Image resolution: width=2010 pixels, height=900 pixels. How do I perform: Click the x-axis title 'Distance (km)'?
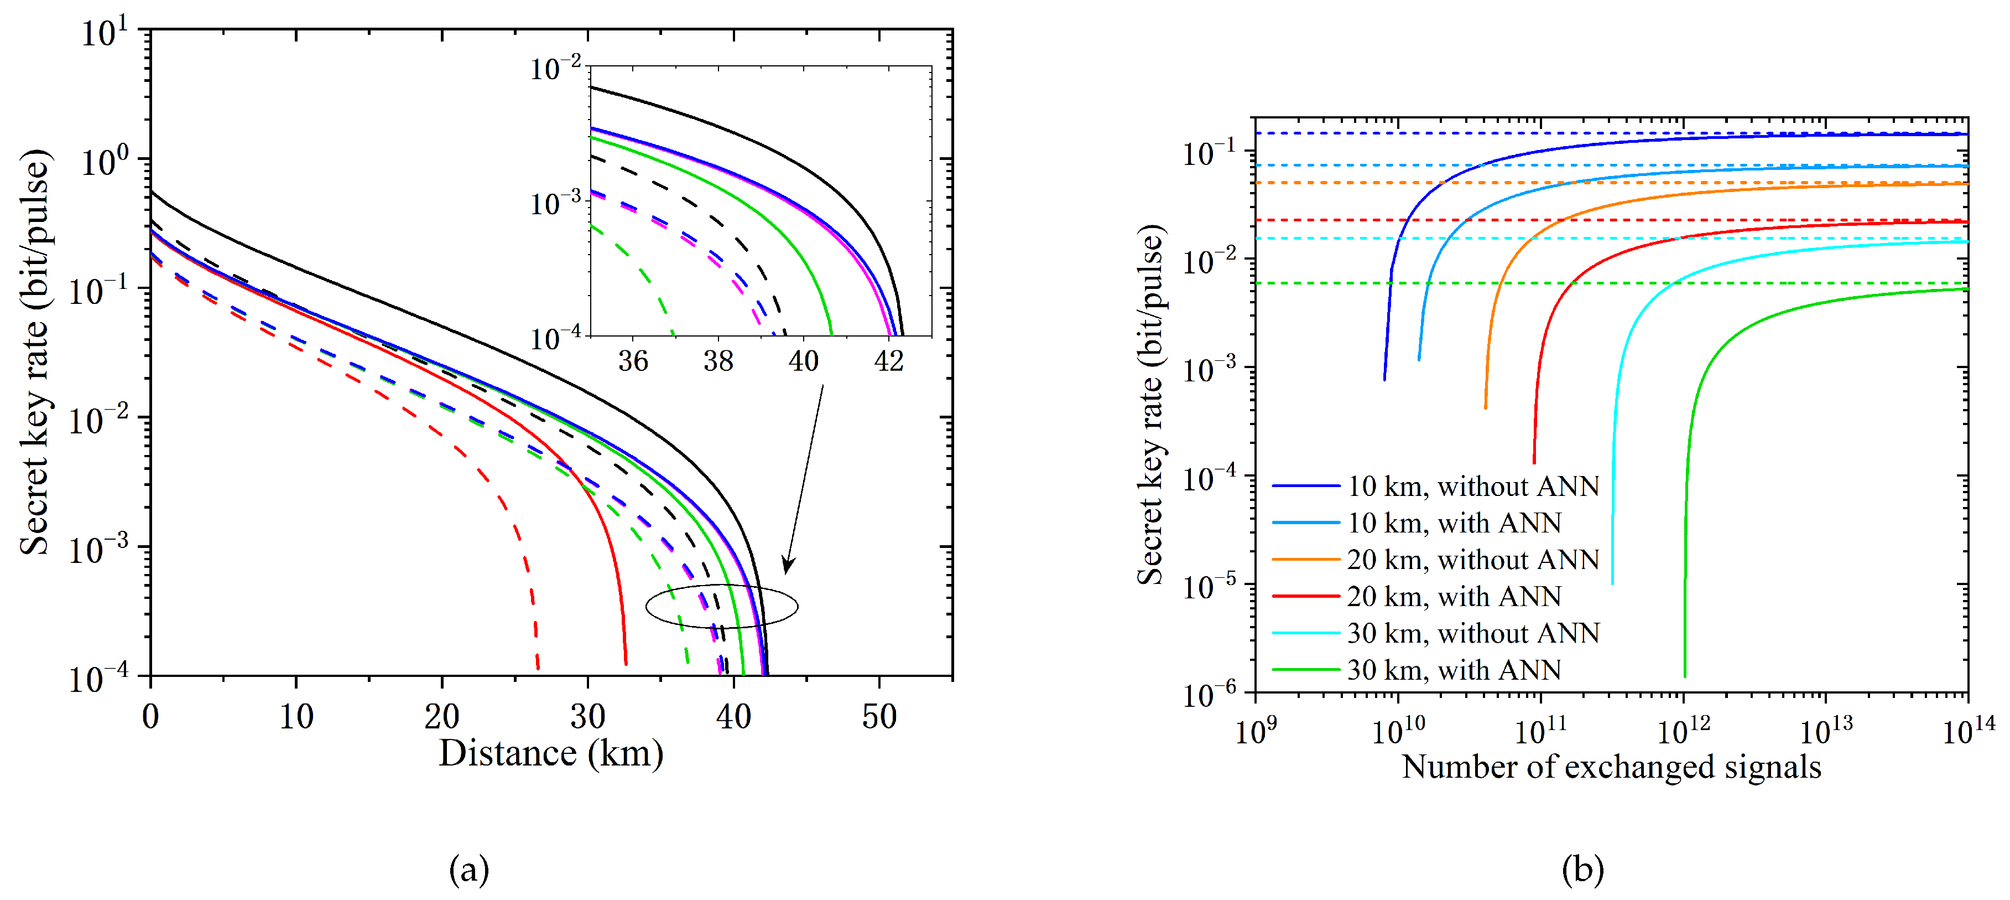point(551,753)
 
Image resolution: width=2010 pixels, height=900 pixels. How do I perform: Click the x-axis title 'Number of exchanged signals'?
point(1611,767)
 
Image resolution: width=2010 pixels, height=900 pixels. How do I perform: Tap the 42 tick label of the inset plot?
point(889,361)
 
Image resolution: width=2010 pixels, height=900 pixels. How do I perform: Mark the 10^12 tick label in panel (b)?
point(1683,731)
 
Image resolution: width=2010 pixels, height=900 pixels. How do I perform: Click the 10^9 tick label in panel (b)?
point(1256,731)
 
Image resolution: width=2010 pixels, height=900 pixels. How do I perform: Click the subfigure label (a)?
point(469,870)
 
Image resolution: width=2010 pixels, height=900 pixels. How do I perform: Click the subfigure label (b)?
point(1582,870)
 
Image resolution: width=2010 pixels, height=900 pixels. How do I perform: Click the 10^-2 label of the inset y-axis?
point(555,69)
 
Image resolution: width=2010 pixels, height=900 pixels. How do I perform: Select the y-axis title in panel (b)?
point(1150,405)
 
